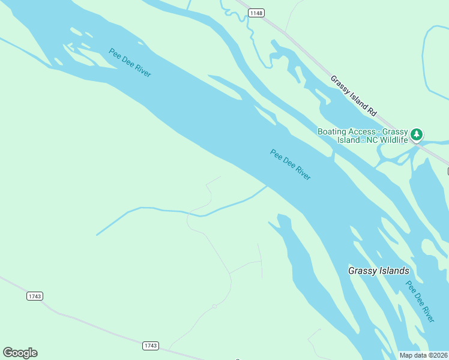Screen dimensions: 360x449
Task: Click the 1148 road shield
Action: pos(256,13)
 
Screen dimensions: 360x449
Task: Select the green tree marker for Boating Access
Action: pos(417,134)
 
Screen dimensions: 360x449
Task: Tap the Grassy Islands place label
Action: pos(378,271)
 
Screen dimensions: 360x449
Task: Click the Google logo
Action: pos(20,353)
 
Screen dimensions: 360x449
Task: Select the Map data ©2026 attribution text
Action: pos(423,355)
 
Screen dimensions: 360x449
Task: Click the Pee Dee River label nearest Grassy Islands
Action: pos(420,301)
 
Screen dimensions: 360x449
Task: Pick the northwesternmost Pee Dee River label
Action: pos(130,62)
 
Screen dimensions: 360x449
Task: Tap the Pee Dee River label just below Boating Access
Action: pos(291,165)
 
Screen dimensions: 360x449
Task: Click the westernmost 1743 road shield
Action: pos(35,296)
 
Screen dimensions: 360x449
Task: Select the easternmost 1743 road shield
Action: pos(151,346)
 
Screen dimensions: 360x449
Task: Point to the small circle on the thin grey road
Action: pos(214,307)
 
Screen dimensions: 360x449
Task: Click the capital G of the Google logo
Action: pos(8,353)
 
